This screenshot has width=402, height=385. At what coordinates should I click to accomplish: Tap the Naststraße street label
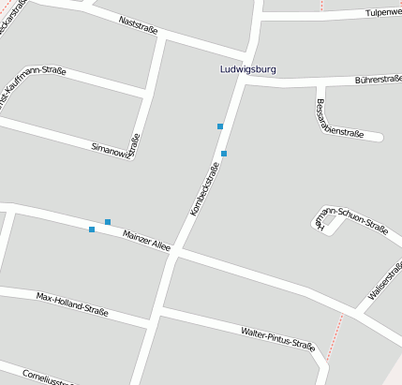pyautogui.click(x=139, y=24)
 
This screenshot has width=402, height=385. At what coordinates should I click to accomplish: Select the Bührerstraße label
pyautogui.click(x=379, y=81)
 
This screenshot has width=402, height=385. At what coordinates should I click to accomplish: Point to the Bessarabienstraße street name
pyautogui.click(x=339, y=118)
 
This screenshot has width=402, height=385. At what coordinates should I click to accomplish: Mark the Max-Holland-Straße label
pyautogui.click(x=72, y=303)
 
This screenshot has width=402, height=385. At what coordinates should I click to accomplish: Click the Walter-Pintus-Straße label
pyautogui.click(x=277, y=338)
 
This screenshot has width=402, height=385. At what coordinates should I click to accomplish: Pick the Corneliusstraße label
pyautogui.click(x=47, y=378)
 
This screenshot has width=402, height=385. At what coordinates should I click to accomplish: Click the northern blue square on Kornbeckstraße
pyautogui.click(x=220, y=126)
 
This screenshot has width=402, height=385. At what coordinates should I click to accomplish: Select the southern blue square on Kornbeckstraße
pyautogui.click(x=224, y=153)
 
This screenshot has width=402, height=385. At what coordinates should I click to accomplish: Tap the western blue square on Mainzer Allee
pyautogui.click(x=92, y=229)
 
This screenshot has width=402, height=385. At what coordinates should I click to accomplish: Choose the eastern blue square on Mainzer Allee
pyautogui.click(x=108, y=222)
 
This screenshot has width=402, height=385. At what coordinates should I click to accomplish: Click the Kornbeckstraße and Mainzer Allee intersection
pyautogui.click(x=176, y=250)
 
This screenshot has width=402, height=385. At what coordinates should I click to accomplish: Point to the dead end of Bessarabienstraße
pyautogui.click(x=380, y=137)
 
